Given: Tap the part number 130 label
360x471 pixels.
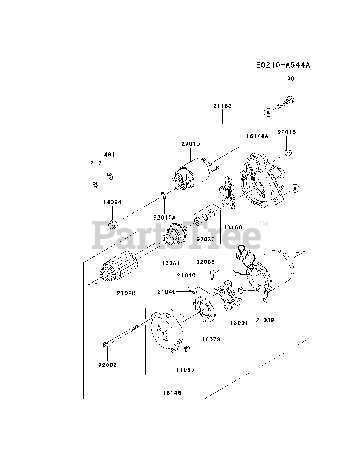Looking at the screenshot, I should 289,78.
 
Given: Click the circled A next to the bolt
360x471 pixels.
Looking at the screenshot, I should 268,113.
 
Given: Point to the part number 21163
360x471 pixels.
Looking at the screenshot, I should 222,106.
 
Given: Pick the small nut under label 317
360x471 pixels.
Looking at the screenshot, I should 95,183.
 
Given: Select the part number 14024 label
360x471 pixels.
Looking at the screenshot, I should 112,202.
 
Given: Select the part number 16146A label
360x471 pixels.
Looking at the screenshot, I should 257,136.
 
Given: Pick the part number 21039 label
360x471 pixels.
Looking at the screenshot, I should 266,320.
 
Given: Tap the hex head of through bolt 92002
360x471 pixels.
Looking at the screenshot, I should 106,345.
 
